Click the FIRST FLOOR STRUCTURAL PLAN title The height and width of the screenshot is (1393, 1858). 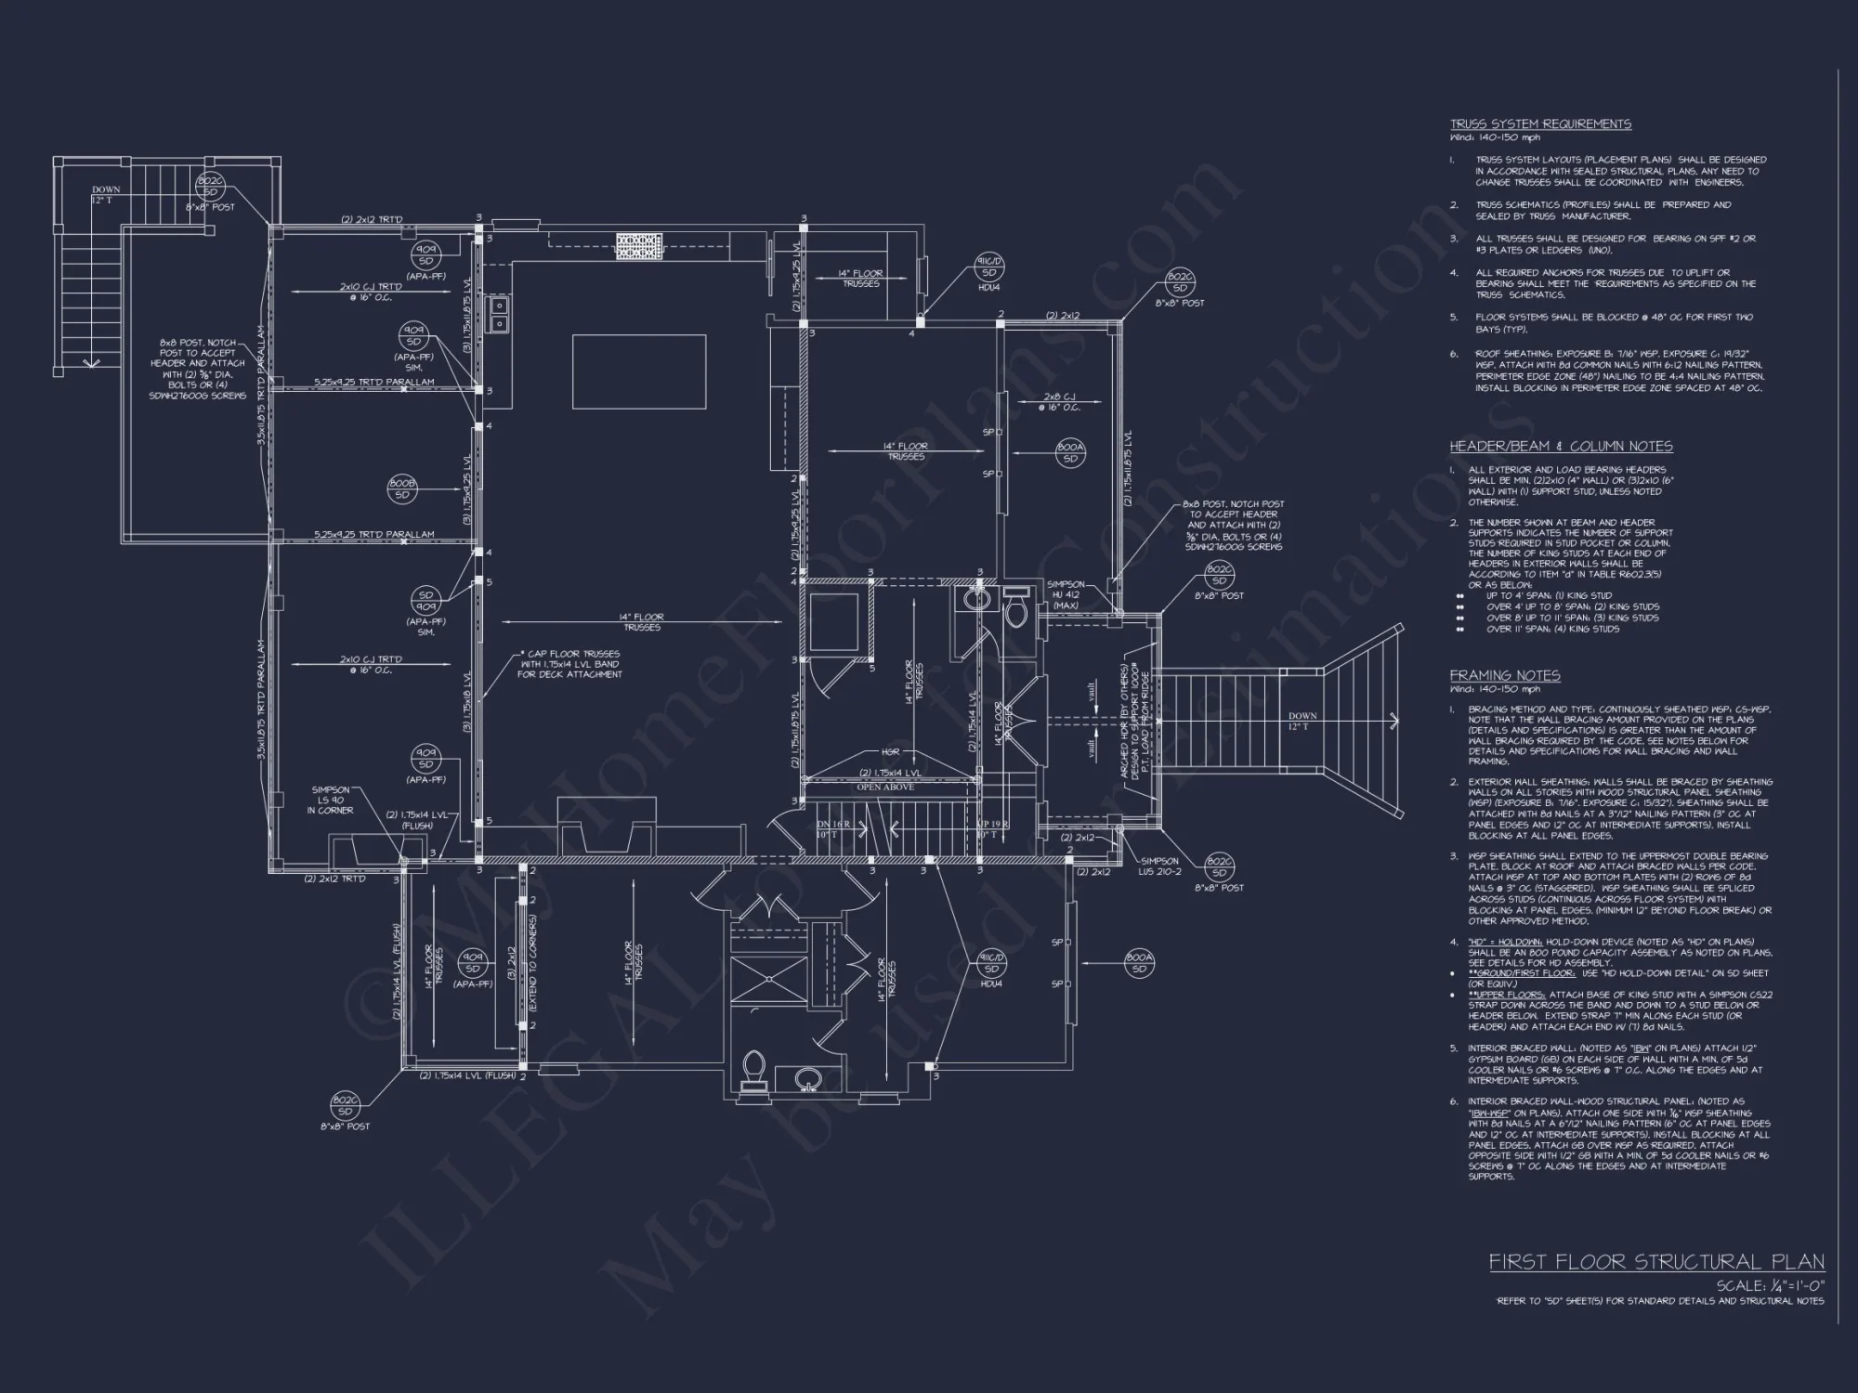[x=1656, y=1262]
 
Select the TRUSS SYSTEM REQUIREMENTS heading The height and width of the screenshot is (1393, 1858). [x=1540, y=124]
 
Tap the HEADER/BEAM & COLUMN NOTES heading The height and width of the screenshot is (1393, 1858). [x=1561, y=447]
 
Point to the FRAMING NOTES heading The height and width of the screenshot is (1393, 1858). [x=1505, y=676]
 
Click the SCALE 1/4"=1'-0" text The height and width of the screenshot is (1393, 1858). [x=1770, y=1286]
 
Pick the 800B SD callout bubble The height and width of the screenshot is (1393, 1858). [x=402, y=489]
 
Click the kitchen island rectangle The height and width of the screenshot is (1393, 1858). [x=638, y=371]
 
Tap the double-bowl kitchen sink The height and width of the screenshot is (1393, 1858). [x=499, y=314]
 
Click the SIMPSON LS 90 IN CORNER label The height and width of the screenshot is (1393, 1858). [x=332, y=800]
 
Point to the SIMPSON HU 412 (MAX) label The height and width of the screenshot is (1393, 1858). [x=1066, y=595]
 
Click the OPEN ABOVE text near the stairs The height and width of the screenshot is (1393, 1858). [x=884, y=788]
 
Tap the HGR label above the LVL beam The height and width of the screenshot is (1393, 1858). [x=890, y=753]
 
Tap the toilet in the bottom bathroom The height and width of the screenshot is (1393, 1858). [x=753, y=1069]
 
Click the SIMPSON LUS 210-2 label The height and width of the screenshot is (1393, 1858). [x=1160, y=866]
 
